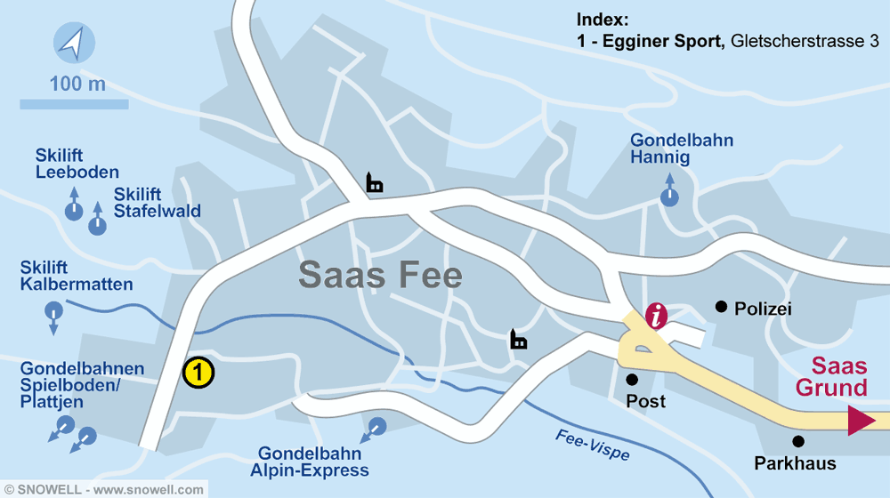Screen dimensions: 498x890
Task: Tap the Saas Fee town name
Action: click(380, 275)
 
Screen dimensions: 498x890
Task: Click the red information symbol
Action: click(657, 316)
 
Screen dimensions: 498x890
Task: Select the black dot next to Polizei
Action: click(721, 307)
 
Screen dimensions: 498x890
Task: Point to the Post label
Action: click(645, 402)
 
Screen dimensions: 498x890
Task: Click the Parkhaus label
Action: click(795, 463)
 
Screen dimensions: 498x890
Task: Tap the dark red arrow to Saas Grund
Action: click(861, 420)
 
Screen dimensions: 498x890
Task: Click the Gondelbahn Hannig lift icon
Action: click(668, 196)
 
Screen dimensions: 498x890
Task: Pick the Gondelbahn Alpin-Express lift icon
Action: click(376, 427)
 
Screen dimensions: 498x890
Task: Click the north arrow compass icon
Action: click(73, 43)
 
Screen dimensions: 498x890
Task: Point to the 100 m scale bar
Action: click(74, 104)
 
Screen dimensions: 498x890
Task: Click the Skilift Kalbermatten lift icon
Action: click(53, 312)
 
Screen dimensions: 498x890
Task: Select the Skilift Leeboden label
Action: click(77, 164)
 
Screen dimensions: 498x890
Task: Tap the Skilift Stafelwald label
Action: click(157, 203)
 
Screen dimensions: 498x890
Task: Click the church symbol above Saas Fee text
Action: click(375, 183)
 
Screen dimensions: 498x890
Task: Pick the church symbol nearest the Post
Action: click(518, 339)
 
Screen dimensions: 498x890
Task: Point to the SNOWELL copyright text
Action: click(103, 489)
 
